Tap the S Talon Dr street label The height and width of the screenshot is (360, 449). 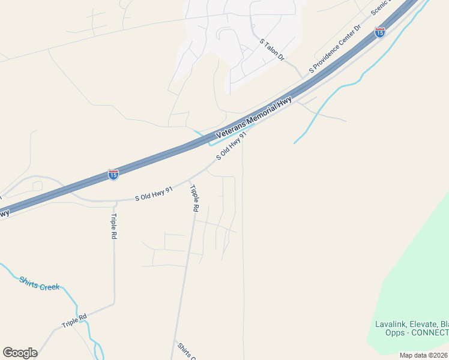pyautogui.click(x=271, y=50)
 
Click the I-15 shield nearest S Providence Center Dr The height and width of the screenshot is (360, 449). pyautogui.click(x=379, y=32)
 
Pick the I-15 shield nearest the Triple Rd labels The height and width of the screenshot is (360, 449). pyautogui.click(x=113, y=174)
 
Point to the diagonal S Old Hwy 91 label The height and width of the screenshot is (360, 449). pyautogui.click(x=232, y=146)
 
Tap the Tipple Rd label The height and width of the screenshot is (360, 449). pyautogui.click(x=194, y=199)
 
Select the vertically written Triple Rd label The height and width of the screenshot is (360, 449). pyautogui.click(x=113, y=226)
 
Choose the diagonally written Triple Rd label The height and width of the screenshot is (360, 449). pyautogui.click(x=74, y=320)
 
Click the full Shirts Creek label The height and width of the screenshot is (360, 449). pyautogui.click(x=39, y=283)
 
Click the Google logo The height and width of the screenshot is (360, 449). pyautogui.click(x=20, y=353)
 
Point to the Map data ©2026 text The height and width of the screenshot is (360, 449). pyautogui.click(x=423, y=355)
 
